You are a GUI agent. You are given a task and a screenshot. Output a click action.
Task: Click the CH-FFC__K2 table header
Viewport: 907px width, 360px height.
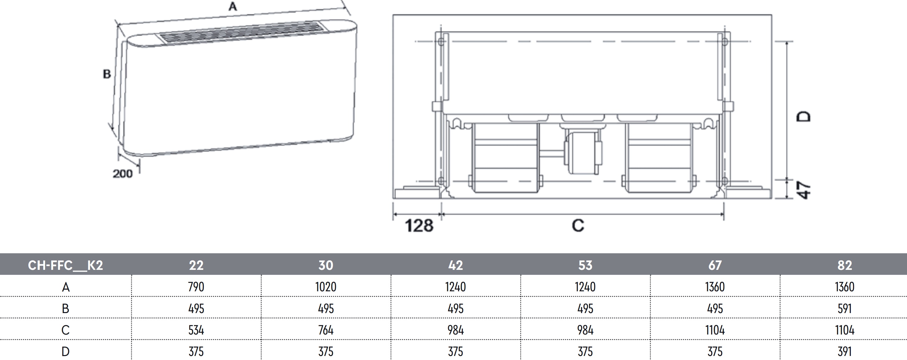click(x=66, y=265)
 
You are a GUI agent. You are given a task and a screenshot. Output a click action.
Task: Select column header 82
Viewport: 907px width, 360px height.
click(x=845, y=265)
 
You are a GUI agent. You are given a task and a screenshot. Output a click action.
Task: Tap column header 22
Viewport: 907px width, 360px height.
click(x=196, y=265)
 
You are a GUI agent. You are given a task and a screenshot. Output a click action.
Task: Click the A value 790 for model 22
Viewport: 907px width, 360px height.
click(x=196, y=287)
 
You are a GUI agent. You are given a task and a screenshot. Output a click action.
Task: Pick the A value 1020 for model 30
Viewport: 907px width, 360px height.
click(x=326, y=287)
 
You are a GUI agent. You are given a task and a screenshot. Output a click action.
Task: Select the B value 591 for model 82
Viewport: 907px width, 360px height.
click(x=845, y=309)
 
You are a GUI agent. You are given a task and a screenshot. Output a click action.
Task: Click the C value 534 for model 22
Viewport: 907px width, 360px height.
click(x=196, y=330)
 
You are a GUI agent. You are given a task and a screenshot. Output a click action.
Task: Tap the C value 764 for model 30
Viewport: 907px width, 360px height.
click(x=326, y=330)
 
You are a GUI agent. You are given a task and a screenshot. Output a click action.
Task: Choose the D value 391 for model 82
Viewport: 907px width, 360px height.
click(x=845, y=352)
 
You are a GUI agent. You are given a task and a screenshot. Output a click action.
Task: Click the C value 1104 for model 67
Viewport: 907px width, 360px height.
click(x=715, y=330)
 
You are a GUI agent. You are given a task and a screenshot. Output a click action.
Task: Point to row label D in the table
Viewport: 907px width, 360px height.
click(x=66, y=352)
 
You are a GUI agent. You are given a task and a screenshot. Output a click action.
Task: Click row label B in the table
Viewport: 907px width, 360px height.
click(x=66, y=309)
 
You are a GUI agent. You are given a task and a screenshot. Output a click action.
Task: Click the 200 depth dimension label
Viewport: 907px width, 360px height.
click(x=123, y=173)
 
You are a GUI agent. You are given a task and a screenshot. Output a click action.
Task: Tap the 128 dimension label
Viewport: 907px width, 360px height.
click(x=419, y=226)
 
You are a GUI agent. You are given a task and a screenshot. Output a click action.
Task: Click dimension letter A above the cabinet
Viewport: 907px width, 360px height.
click(x=233, y=6)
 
